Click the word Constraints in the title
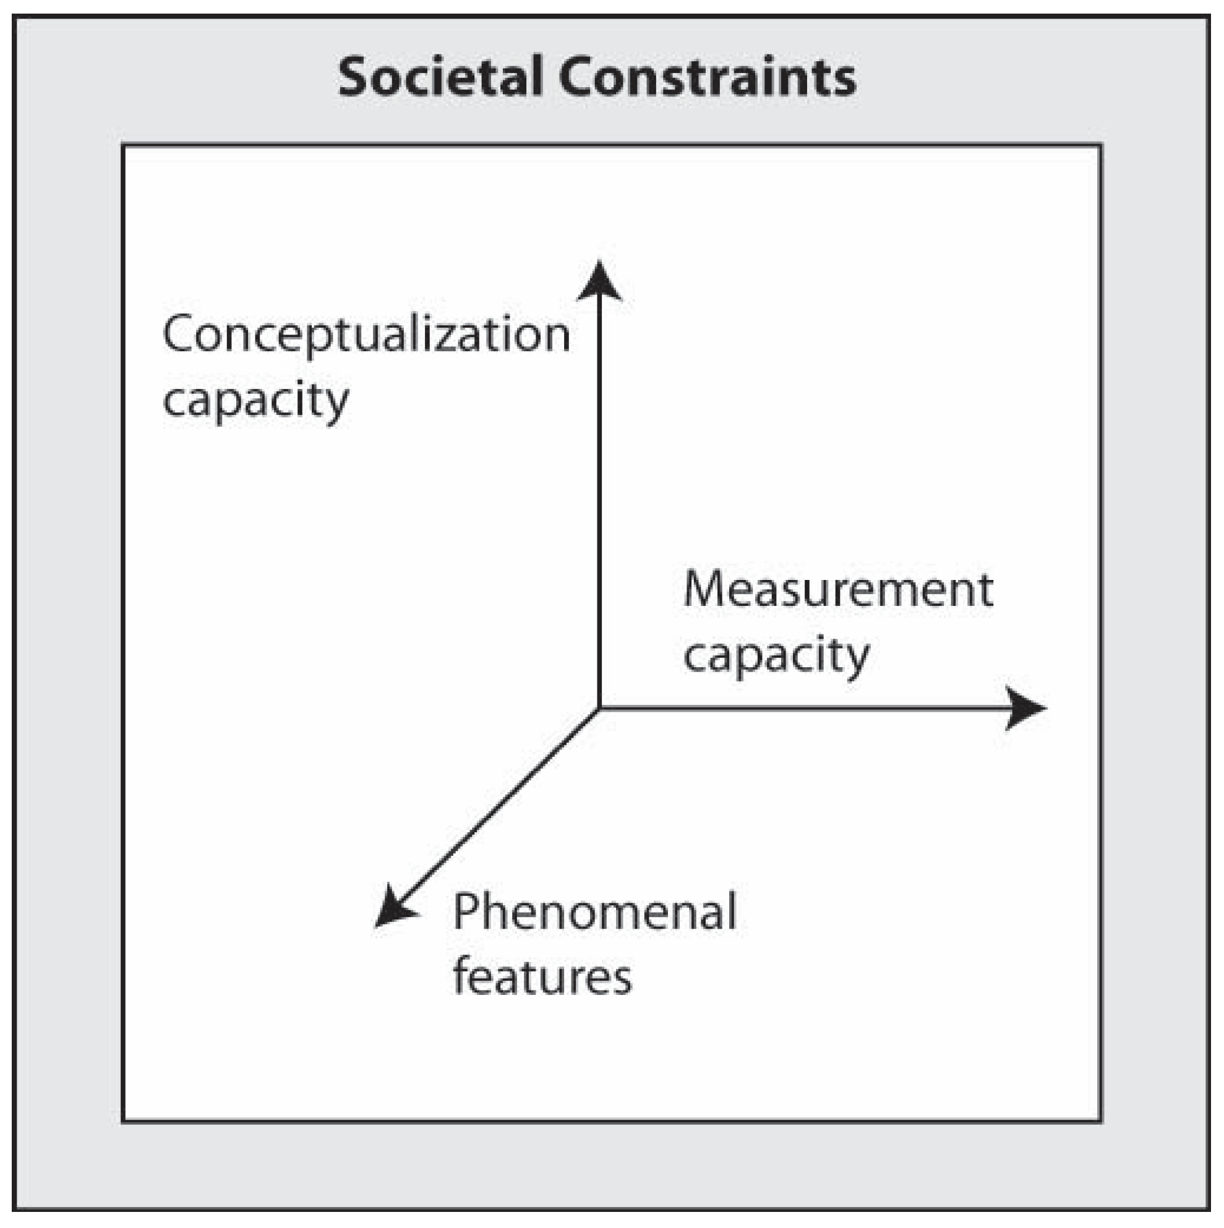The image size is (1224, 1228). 707,77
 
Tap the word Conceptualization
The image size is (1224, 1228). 366,335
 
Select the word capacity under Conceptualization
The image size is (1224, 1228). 255,401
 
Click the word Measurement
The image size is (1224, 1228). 837,590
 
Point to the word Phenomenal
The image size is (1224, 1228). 594,911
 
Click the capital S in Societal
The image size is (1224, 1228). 354,77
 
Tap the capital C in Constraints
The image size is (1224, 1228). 576,77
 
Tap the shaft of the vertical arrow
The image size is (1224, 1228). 599,496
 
